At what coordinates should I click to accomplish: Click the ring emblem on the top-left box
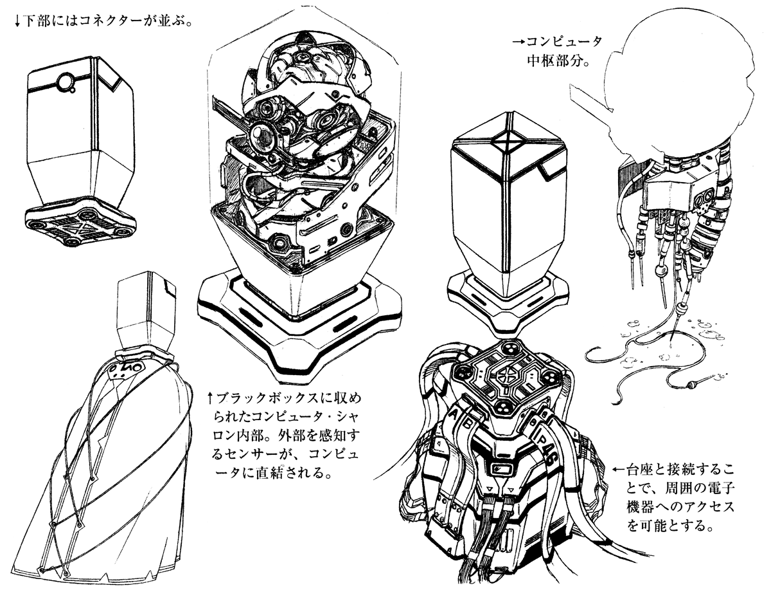[x=66, y=82]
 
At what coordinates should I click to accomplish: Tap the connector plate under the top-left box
[x=80, y=225]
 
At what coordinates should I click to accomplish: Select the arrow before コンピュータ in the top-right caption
[x=519, y=42]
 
